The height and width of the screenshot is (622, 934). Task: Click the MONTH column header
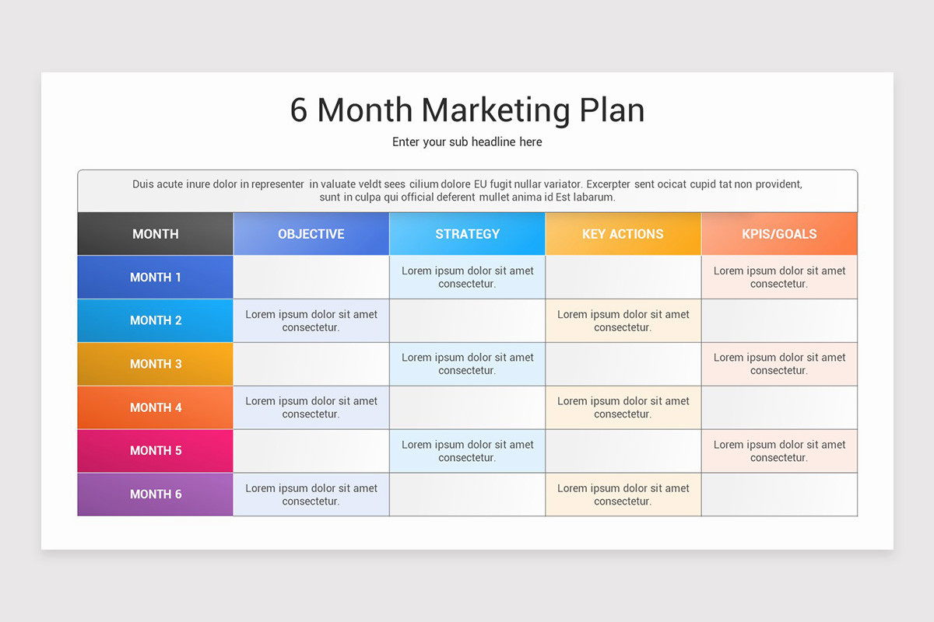pyautogui.click(x=156, y=233)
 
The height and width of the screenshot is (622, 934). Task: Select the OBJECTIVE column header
pyautogui.click(x=311, y=233)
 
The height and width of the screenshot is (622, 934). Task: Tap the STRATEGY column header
pyautogui.click(x=467, y=233)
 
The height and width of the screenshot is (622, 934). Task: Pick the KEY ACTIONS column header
pyautogui.click(x=623, y=233)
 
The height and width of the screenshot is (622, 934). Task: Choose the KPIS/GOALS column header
pyautogui.click(x=779, y=233)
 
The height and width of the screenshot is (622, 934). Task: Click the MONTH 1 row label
pyautogui.click(x=156, y=277)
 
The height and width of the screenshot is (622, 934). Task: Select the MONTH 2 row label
pyautogui.click(x=156, y=320)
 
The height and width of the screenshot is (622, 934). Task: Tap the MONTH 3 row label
pyautogui.click(x=156, y=364)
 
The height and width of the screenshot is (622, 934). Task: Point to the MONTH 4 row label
pyautogui.click(x=156, y=407)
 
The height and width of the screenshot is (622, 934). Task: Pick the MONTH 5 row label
pyautogui.click(x=156, y=451)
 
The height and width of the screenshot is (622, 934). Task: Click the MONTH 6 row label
pyautogui.click(x=156, y=494)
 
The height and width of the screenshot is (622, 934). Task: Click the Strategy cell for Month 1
pyautogui.click(x=467, y=277)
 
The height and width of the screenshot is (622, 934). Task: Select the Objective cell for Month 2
pyautogui.click(x=311, y=320)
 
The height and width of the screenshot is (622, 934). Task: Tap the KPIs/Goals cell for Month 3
pyautogui.click(x=779, y=364)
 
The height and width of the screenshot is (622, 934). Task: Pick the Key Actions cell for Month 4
pyautogui.click(x=623, y=407)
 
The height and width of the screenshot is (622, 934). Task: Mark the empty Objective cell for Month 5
pyautogui.click(x=311, y=451)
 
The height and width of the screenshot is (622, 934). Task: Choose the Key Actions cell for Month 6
pyautogui.click(x=623, y=494)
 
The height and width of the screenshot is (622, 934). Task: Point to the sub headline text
pyautogui.click(x=467, y=142)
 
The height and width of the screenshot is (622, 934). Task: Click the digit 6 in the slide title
pyautogui.click(x=299, y=110)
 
